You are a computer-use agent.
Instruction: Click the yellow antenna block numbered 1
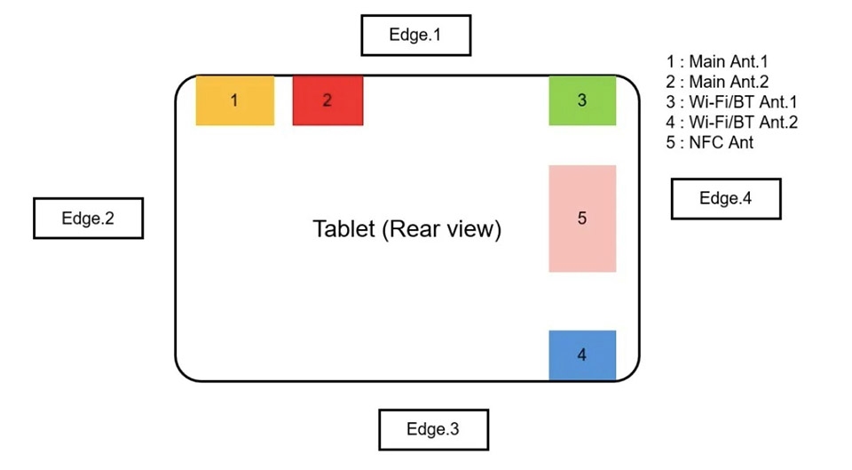tap(234, 100)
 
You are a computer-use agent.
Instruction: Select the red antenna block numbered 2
tap(327, 100)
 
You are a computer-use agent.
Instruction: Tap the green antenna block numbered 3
tap(582, 100)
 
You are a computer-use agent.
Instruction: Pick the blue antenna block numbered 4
tap(582, 354)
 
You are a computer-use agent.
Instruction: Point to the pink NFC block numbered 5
tap(582, 219)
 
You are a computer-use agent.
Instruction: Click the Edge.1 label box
tap(415, 36)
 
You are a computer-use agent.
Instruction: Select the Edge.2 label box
tap(88, 219)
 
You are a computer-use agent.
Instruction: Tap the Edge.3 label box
tap(433, 430)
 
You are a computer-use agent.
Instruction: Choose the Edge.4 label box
tap(726, 198)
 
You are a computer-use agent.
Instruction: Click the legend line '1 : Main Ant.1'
tap(717, 61)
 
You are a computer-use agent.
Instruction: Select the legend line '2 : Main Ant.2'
tap(717, 82)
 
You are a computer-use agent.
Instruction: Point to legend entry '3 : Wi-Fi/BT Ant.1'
tap(731, 101)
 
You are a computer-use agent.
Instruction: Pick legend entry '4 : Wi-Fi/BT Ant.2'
tap(732, 122)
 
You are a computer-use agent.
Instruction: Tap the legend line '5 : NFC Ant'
tap(710, 142)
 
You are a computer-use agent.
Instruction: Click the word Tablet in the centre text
tap(343, 228)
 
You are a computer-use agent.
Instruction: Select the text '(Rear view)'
tap(441, 229)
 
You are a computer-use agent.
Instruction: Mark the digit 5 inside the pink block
tap(582, 219)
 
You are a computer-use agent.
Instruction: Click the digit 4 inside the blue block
tap(582, 354)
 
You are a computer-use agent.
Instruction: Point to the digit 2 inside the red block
tap(327, 100)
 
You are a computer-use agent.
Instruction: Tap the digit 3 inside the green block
tap(582, 100)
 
